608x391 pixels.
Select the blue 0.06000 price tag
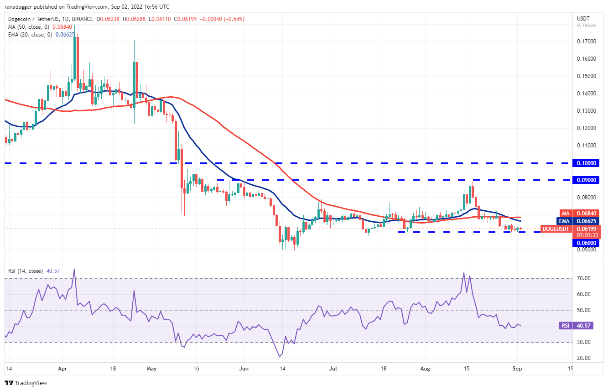[x=585, y=243]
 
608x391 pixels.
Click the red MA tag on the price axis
[x=565, y=214]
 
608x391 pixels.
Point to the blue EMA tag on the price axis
[x=565, y=221]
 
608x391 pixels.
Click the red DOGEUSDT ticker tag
[x=556, y=229]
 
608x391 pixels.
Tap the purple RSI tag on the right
[x=565, y=326]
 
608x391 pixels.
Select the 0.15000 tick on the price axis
[x=587, y=76]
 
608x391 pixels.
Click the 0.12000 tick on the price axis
[x=587, y=128]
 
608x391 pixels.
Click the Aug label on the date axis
[x=425, y=368]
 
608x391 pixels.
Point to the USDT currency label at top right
[x=583, y=19]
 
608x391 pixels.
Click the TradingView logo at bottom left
[x=26, y=383]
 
